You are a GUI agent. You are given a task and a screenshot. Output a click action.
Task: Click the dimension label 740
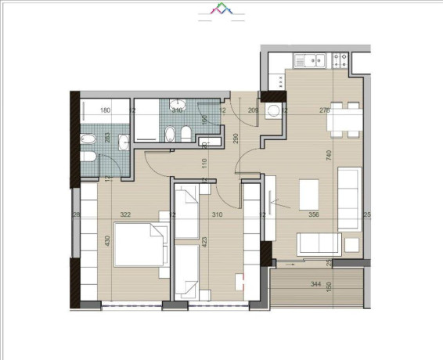(330, 156)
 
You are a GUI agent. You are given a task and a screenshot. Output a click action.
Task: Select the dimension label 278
(325, 111)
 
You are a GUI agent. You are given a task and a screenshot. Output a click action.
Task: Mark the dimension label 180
(106, 111)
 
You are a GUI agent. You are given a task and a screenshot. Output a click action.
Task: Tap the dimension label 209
(253, 111)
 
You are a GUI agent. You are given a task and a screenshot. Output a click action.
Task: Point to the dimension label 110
(203, 164)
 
